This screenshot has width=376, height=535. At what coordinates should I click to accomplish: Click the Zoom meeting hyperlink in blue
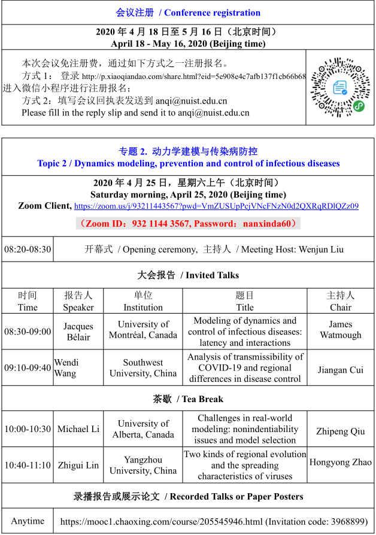point(216,206)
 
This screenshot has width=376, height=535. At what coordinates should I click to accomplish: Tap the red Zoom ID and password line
point(188,223)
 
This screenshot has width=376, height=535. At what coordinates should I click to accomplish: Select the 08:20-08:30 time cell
point(28,249)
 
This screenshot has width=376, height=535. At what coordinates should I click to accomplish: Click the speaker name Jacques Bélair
point(78,332)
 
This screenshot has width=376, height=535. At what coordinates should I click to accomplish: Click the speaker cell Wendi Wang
point(66,367)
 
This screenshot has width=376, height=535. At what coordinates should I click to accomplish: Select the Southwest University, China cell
point(143,367)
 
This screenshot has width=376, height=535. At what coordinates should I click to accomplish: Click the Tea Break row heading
point(188,399)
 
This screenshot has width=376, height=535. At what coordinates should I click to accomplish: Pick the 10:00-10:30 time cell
point(28,429)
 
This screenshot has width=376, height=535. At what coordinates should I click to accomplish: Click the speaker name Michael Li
point(78,429)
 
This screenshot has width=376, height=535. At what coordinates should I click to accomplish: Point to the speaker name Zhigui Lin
point(78,465)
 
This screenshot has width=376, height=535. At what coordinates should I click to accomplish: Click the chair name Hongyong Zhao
point(340,462)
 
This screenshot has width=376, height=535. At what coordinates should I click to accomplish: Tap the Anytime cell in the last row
point(28,521)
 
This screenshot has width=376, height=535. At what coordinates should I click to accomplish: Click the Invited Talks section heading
point(188,275)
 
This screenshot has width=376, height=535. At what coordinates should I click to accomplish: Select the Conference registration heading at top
point(188,13)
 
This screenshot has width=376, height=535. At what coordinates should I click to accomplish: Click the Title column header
point(244,301)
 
